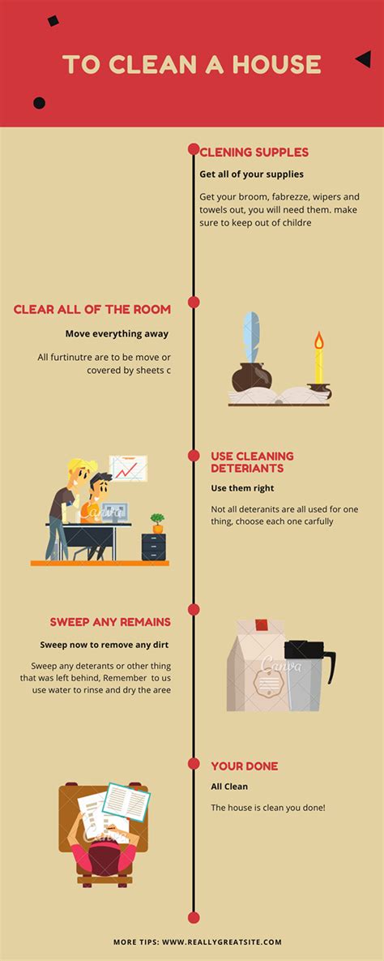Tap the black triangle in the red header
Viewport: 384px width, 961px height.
coord(365,59)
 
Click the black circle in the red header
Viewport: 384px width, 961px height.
coord(39,103)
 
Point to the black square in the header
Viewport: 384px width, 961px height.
coord(53,21)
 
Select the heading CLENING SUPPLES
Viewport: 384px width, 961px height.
coord(254,152)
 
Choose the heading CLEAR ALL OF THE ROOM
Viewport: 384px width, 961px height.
coord(92,310)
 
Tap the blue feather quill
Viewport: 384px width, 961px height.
coord(251,337)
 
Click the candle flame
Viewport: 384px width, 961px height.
coord(318,340)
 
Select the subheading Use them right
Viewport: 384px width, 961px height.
coord(242,488)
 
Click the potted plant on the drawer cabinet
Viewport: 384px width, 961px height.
coord(157,523)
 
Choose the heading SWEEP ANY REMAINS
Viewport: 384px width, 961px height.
coord(110,622)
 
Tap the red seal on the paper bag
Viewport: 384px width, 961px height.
coord(262,625)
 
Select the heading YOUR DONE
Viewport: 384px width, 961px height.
coord(245,766)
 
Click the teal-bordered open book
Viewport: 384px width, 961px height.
coord(126,802)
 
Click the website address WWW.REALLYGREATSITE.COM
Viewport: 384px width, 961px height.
coord(222,942)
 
